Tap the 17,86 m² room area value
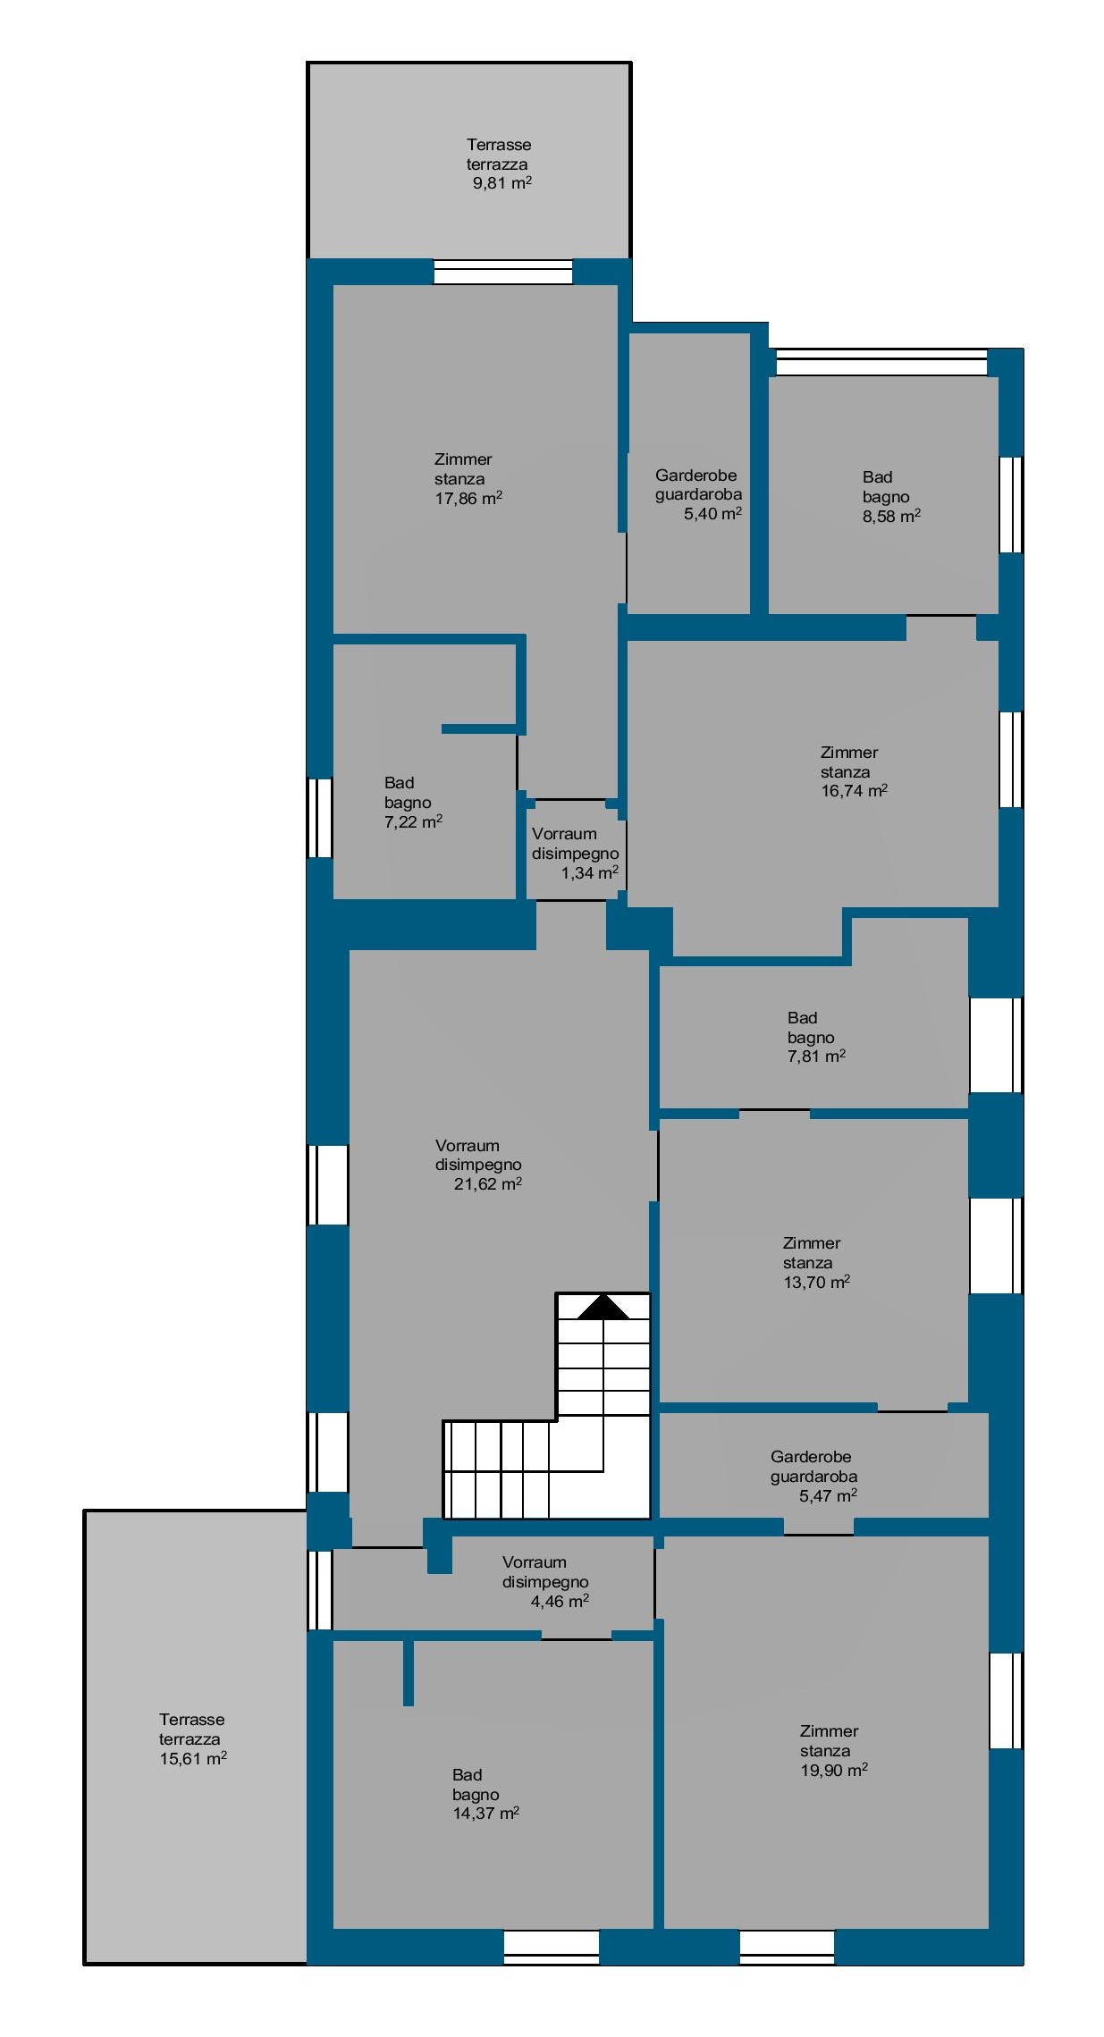click(468, 499)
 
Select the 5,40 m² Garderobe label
click(698, 494)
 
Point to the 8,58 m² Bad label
click(891, 496)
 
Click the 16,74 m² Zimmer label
click(854, 771)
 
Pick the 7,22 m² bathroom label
click(413, 802)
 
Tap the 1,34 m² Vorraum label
click(575, 853)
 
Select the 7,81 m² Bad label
click(816, 1037)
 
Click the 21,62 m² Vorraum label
click(478, 1165)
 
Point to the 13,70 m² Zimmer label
click(816, 1262)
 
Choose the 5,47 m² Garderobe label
click(813, 1476)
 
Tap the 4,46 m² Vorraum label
click(545, 1581)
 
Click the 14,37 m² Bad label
click(485, 1794)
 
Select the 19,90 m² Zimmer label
click(834, 1750)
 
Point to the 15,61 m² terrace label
click(192, 1738)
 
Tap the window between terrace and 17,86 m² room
click(503, 272)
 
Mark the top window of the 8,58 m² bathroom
click(881, 362)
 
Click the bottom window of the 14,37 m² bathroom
click(552, 1948)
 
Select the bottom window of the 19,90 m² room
click(787, 1948)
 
